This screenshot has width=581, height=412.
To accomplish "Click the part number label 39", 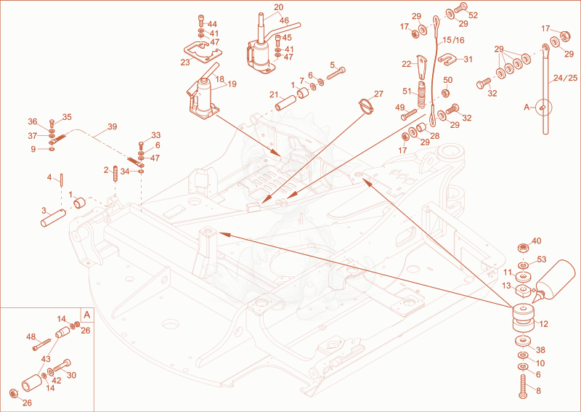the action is [112, 126].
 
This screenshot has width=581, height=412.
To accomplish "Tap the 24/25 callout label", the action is [565, 78].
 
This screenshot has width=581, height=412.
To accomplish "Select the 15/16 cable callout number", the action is [453, 40].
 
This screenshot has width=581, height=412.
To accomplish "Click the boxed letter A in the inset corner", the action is [87, 315].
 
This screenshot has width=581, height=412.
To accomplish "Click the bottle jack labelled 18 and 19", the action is [203, 95].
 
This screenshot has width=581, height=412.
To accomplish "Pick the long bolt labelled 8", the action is [523, 386].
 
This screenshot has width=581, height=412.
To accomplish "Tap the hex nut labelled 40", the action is [523, 247].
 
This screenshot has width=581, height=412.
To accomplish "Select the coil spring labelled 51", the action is [422, 94].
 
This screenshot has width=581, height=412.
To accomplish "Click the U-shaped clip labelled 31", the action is [447, 59].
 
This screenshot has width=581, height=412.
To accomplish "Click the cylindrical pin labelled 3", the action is [53, 218].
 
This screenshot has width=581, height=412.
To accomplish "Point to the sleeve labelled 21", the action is [285, 102].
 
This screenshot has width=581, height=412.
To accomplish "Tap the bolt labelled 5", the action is [336, 74].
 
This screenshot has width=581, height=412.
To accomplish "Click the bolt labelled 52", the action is [459, 7].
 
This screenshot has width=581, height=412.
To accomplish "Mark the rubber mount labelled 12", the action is [523, 318].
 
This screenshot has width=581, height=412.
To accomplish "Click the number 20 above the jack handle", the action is [279, 7].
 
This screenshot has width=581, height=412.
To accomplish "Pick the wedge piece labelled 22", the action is [421, 67].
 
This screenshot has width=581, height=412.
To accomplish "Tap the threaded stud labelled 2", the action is [115, 173].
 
